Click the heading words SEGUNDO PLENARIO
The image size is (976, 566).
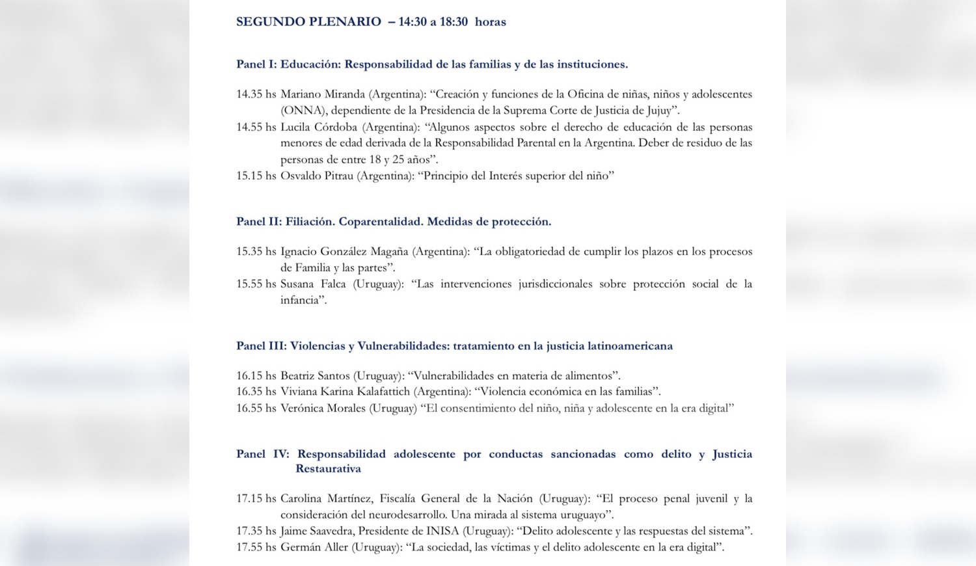(308, 21)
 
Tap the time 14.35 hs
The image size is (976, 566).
(256, 94)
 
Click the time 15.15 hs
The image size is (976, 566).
(256, 176)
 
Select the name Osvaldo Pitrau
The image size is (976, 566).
(317, 176)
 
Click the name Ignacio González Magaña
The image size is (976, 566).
(345, 251)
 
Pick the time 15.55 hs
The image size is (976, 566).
(256, 284)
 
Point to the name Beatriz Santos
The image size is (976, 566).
(315, 375)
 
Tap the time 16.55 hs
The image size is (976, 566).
(256, 409)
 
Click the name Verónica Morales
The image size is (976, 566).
(323, 409)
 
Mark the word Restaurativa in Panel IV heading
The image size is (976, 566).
(328, 468)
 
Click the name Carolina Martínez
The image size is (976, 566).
(325, 498)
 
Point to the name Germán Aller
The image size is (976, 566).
(314, 547)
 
